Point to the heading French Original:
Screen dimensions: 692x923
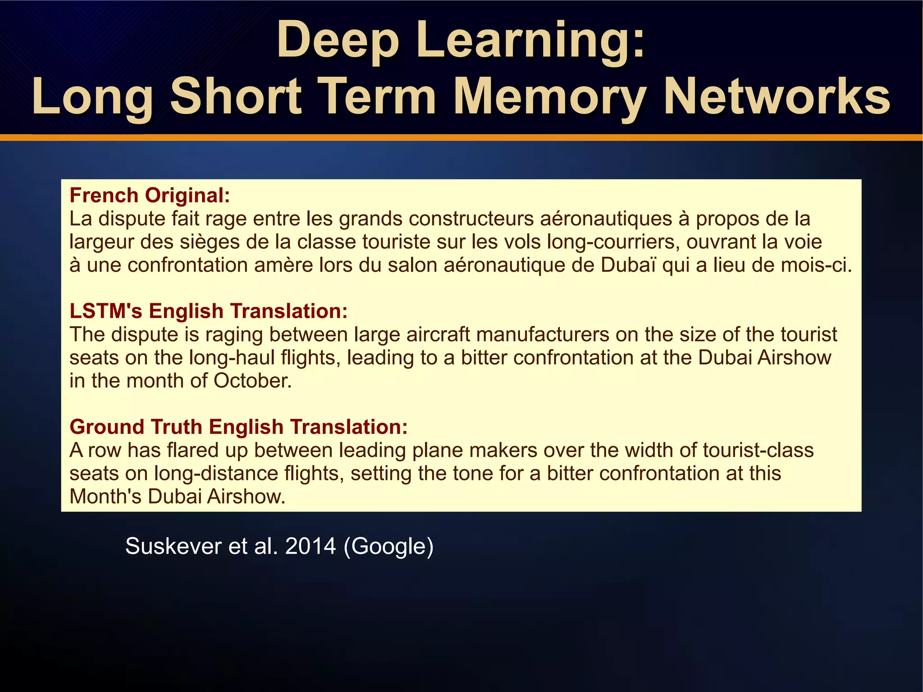150,196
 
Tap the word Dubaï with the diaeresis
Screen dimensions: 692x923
628,265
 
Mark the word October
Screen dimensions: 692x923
252,381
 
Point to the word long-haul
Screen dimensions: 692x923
232,358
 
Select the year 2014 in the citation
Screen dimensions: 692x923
311,546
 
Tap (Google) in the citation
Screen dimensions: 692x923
388,546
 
